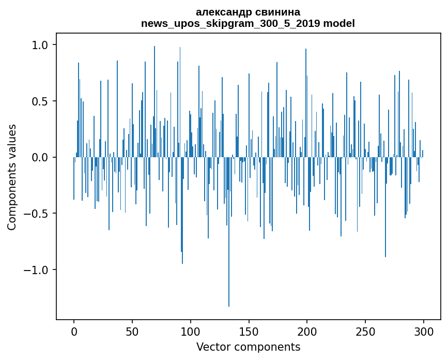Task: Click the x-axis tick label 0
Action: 74,331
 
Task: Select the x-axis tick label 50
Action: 132,331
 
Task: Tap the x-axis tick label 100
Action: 191,331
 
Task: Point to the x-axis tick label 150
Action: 249,331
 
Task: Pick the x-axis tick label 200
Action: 307,331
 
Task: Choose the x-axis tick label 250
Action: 365,331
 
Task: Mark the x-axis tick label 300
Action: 424,331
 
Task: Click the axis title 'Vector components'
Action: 248,347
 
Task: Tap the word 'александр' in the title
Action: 221,12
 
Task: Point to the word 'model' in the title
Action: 339,24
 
